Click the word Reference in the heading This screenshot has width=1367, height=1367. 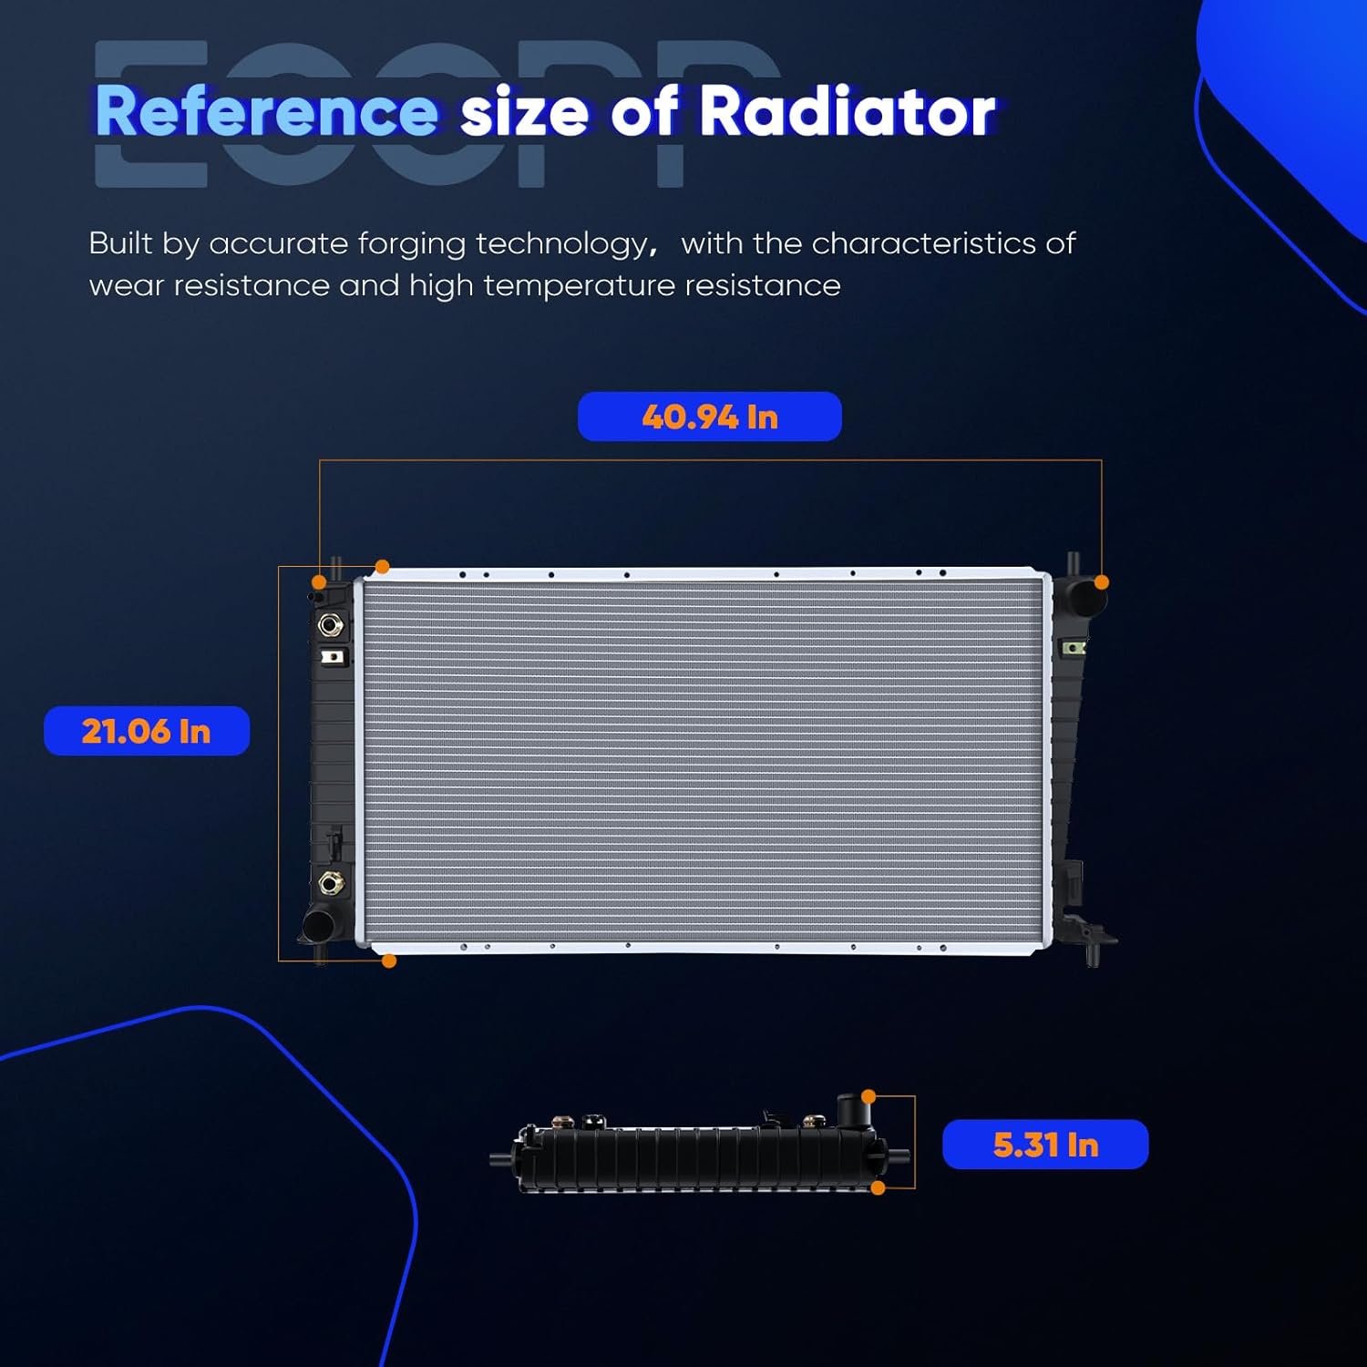[266, 112]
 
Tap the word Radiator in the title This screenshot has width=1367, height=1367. [847, 112]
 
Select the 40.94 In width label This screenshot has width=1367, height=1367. [709, 416]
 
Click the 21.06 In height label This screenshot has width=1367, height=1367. [147, 731]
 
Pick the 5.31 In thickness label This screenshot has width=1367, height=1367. [1045, 1145]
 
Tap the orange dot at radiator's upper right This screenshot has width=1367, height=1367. [1102, 581]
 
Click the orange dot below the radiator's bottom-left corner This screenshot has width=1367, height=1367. [389, 961]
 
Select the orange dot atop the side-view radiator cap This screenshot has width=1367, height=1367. [869, 1096]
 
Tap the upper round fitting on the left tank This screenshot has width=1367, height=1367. [330, 625]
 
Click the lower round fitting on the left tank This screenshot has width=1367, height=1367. [330, 882]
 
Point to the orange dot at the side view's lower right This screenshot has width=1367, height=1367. [879, 1187]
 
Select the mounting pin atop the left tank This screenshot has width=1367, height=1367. [336, 567]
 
